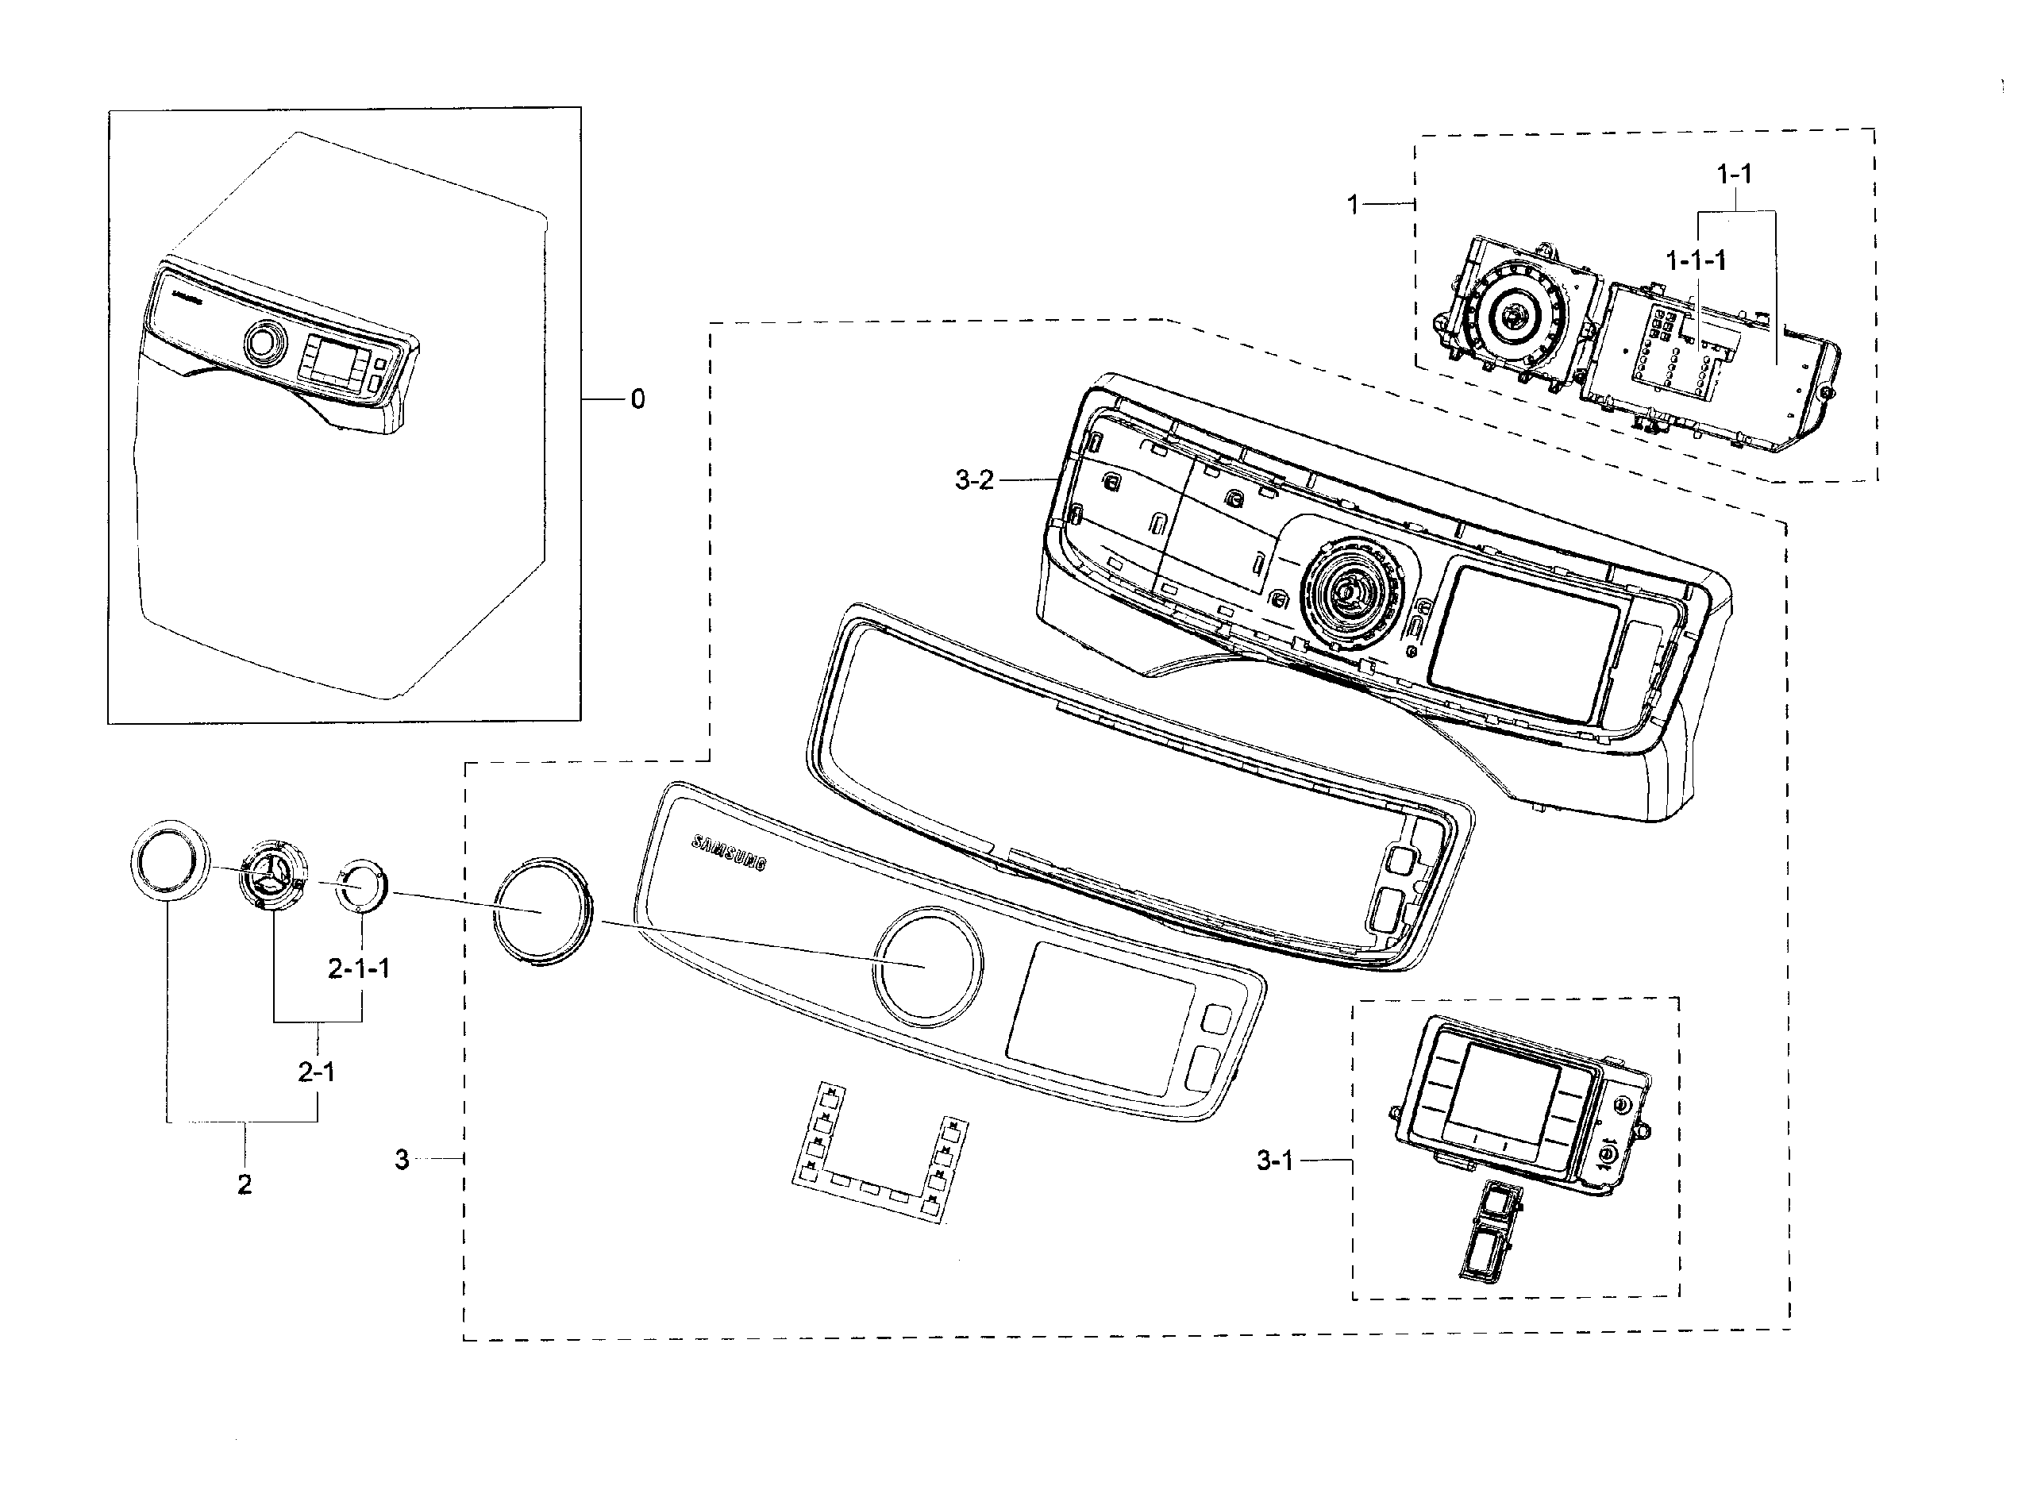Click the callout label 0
click(x=637, y=399)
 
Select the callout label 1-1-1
click(x=1695, y=261)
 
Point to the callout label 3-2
click(x=973, y=480)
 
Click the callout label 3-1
click(x=1275, y=1161)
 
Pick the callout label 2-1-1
click(x=359, y=968)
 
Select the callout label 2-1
click(x=316, y=1072)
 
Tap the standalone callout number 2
click(x=244, y=1184)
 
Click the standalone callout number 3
click(x=402, y=1159)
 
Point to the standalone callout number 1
click(x=1354, y=205)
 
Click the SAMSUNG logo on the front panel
click(x=729, y=853)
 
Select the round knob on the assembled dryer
click(x=263, y=344)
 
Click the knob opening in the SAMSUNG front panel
click(x=926, y=965)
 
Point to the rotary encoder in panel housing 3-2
click(x=1349, y=594)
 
